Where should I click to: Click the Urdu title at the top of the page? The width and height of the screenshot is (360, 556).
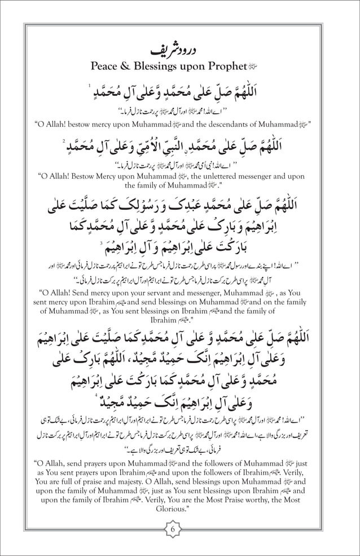[180, 49]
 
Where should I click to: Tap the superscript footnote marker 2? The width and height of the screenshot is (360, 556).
[65, 142]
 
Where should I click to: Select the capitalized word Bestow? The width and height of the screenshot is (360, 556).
[87, 176]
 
